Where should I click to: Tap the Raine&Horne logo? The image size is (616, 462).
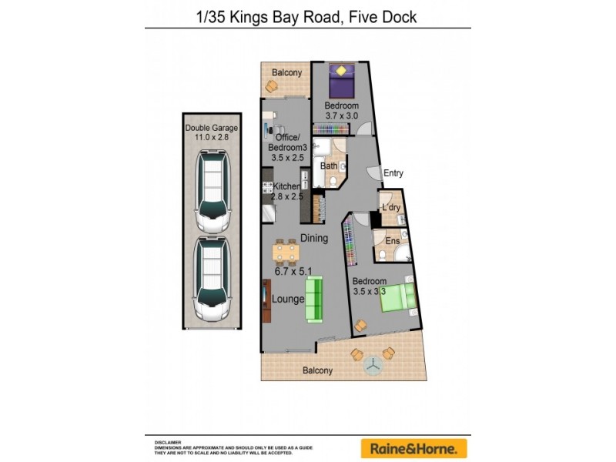point(413,447)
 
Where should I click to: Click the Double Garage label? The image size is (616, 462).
point(210,128)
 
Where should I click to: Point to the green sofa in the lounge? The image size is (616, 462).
point(314,299)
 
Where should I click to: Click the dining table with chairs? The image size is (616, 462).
point(286,252)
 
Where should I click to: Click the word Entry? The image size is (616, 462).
point(393,173)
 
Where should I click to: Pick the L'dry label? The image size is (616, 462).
point(391,209)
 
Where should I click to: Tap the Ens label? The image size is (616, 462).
point(392,241)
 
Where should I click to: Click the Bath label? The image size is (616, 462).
point(329,166)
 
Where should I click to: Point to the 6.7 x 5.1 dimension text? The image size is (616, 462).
point(293,271)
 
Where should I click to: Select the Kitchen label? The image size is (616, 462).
point(286,186)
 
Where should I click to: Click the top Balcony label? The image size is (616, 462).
point(286,73)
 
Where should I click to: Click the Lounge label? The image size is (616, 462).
point(288,299)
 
